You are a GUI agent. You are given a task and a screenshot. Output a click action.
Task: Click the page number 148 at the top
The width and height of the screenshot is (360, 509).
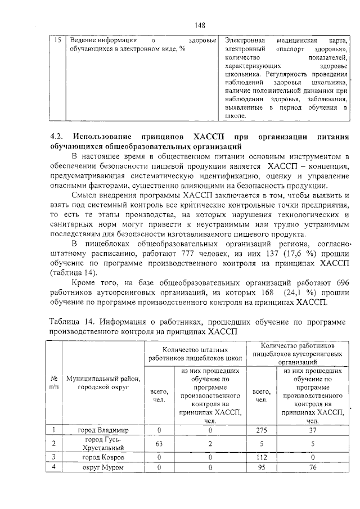[x=200, y=25]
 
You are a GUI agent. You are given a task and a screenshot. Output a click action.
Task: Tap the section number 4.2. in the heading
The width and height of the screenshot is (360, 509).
[x=58, y=137]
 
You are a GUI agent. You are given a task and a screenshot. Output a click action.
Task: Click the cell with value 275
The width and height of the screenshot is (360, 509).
[x=260, y=430]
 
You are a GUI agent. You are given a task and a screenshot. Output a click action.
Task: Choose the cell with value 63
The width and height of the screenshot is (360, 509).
[x=159, y=444]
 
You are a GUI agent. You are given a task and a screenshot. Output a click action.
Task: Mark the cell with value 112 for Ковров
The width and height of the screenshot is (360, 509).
[x=260, y=457]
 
